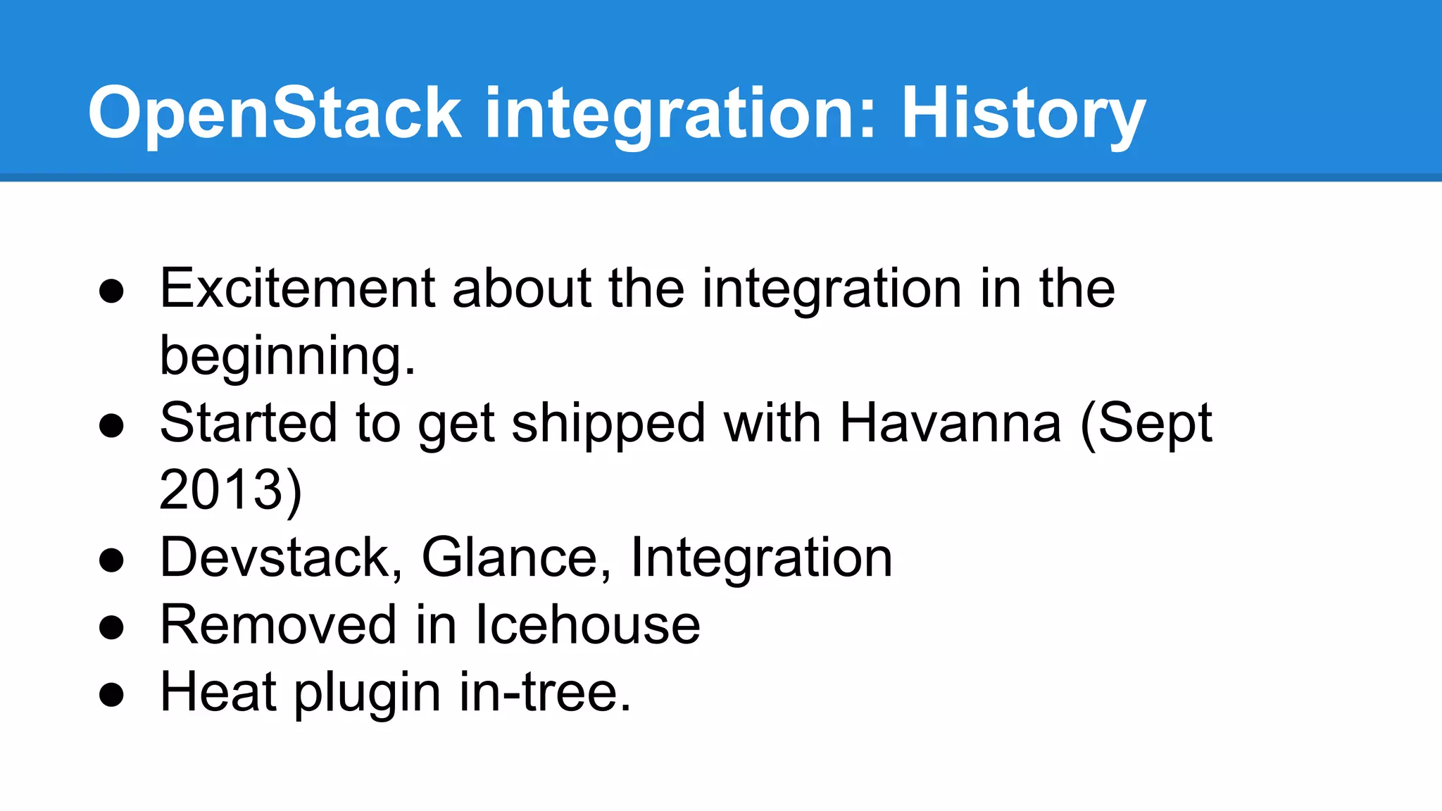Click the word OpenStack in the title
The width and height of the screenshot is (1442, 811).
pos(275,113)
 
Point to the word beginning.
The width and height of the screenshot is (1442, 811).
pos(287,356)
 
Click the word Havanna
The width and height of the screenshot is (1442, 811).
pos(950,423)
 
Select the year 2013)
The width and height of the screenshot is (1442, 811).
pos(230,490)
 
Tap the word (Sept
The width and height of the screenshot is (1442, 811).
pos(1146,423)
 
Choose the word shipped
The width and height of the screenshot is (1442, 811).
pos(608,423)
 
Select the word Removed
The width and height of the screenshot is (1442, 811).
pos(278,624)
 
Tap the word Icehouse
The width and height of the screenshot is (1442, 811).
pos(587,624)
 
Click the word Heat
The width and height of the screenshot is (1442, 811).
pos(218,692)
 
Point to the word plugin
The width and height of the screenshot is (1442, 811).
pos(367,692)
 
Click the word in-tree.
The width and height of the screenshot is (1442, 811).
pos(545,692)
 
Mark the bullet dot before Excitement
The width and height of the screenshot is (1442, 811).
pos(111,291)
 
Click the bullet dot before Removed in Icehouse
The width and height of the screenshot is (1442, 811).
pos(111,627)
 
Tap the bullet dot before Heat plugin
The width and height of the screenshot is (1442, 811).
pos(111,695)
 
